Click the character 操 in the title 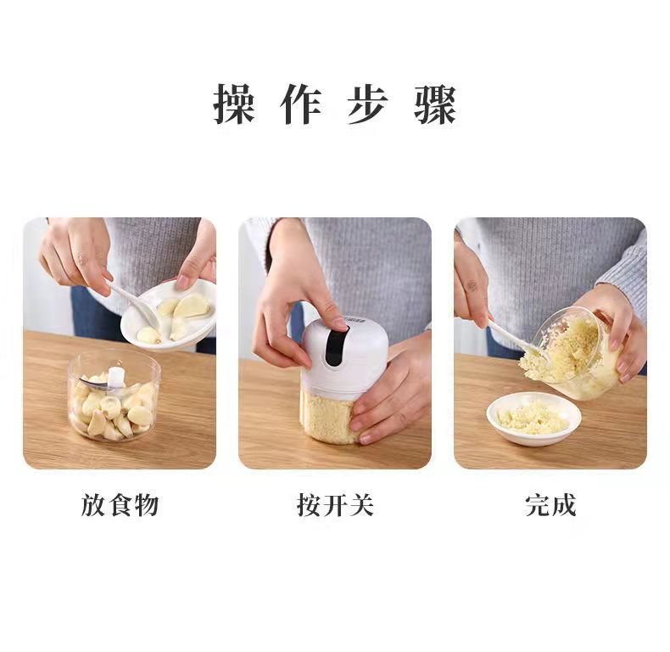234,104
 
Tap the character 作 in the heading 301,104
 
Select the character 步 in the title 368,104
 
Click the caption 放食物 120,506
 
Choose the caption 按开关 335,506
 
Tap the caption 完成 550,506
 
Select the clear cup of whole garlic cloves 114,399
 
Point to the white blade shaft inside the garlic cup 115,378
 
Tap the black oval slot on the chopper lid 334,349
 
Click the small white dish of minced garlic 533,418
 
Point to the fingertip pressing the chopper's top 338,323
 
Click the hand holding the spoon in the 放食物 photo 76,255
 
